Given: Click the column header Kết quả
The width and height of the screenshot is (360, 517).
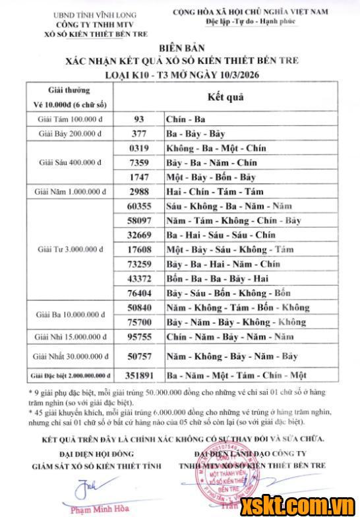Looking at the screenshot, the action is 225,97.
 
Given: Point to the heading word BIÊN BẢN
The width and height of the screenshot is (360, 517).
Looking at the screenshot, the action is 179,47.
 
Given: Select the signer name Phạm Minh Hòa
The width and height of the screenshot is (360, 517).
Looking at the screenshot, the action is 100,508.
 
